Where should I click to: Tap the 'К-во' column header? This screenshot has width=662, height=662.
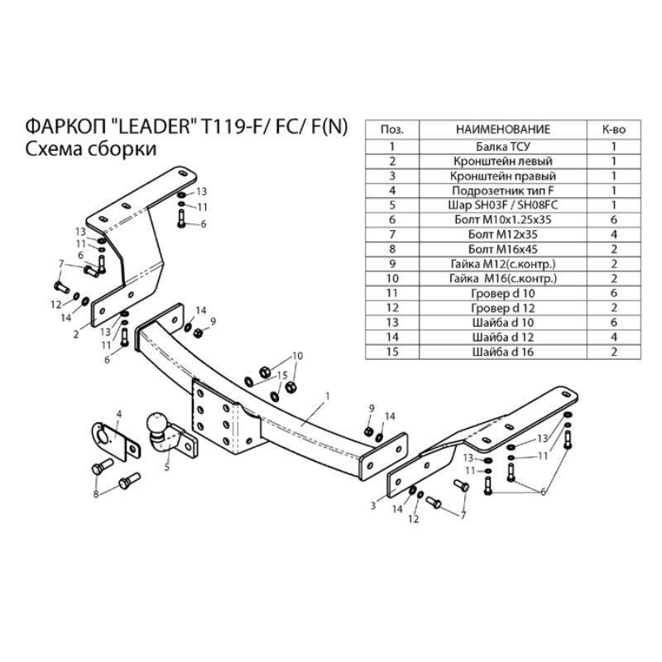pyautogui.click(x=613, y=130)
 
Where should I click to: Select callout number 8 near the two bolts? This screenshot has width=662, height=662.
pyautogui.click(x=96, y=494)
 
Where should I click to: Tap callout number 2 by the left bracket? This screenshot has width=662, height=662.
pyautogui.click(x=75, y=334)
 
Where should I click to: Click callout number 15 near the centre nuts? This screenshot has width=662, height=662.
pyautogui.click(x=282, y=375)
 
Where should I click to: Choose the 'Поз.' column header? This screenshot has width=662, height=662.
pyautogui.click(x=391, y=130)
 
